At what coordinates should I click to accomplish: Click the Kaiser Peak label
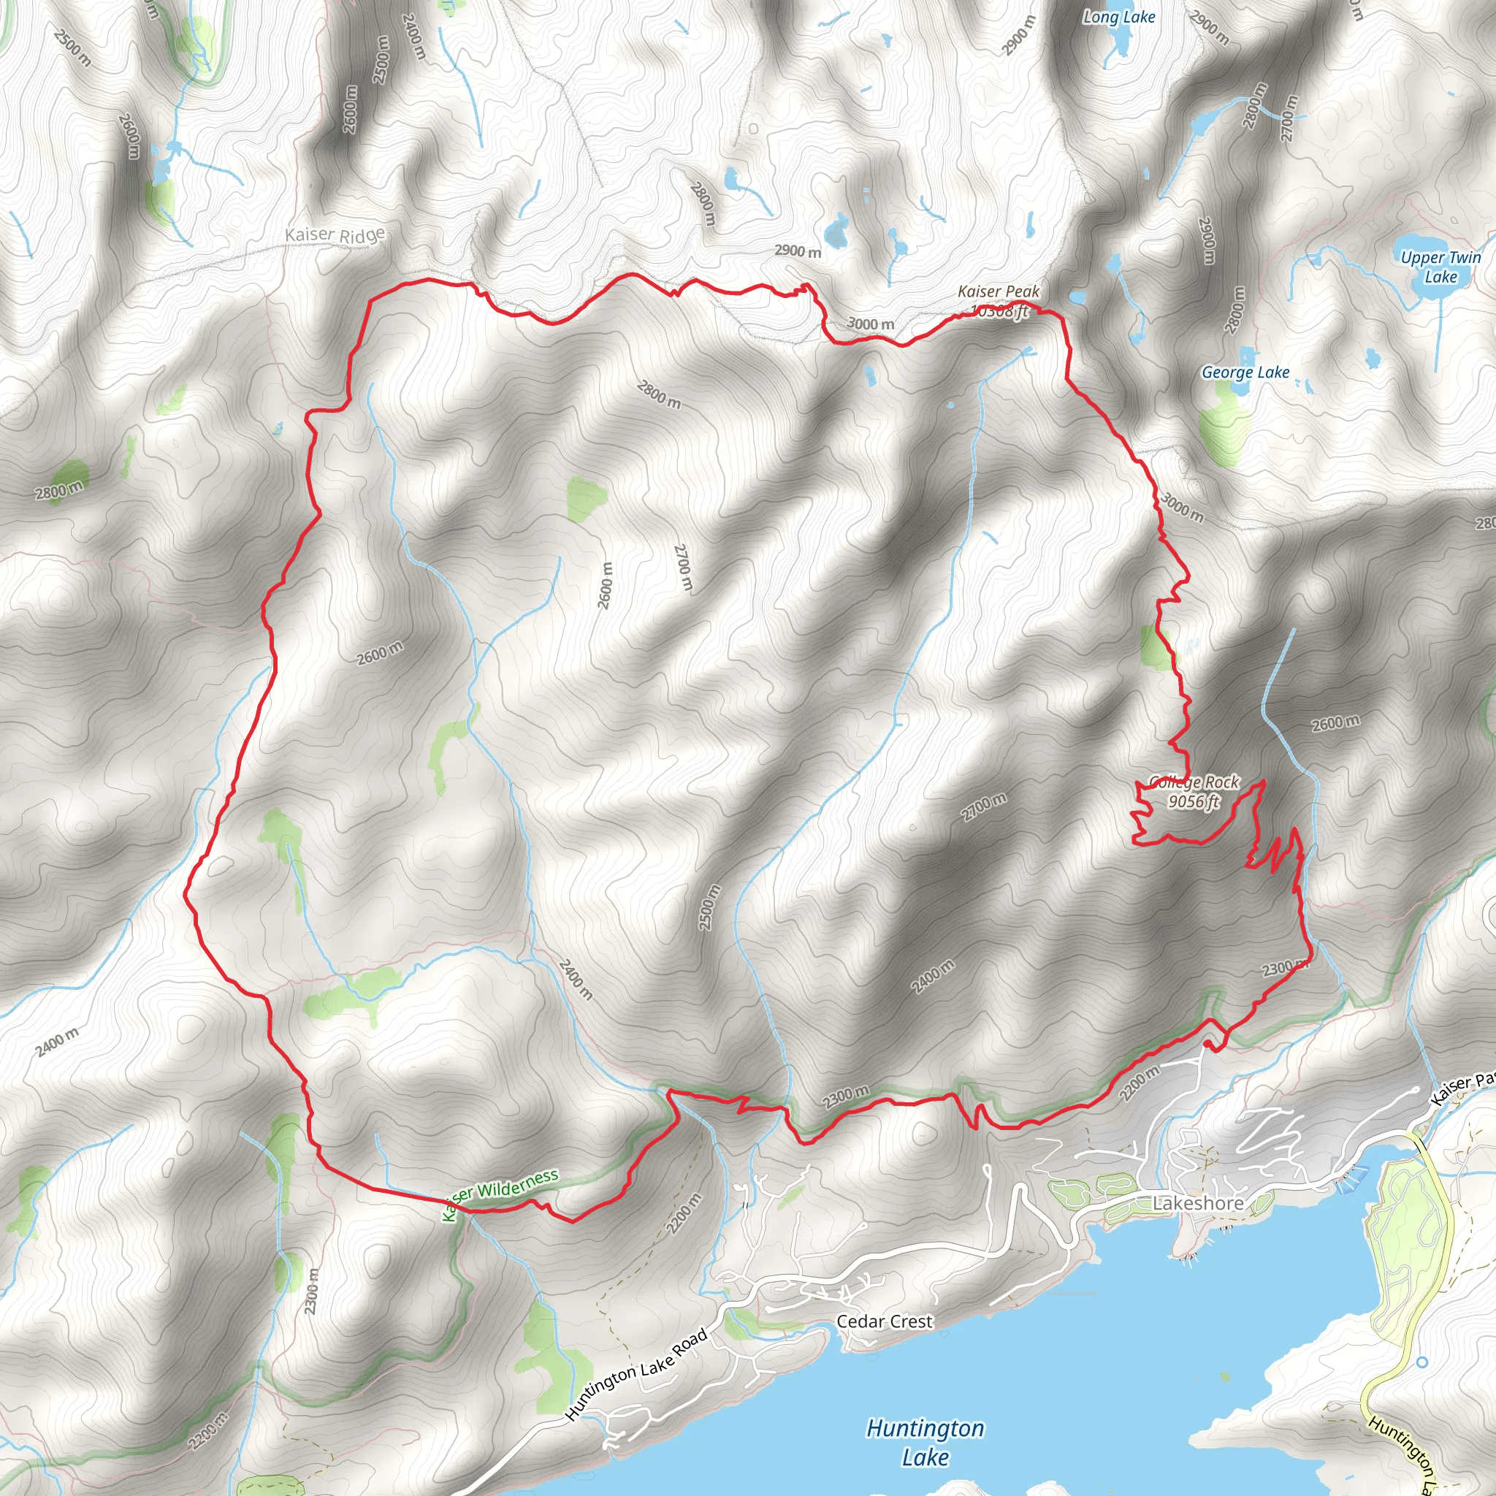(998, 291)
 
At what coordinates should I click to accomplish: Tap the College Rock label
(1194, 782)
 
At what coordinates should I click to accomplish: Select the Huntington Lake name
(925, 1442)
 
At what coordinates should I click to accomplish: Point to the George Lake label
(1245, 373)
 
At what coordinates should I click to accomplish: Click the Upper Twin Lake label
(1440, 267)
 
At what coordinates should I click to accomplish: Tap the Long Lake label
(1119, 17)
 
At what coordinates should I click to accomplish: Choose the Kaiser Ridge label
(335, 234)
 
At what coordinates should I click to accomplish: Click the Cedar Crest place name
(885, 1321)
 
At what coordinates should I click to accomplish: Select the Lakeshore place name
(1198, 1202)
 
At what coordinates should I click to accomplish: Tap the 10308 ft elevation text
(1001, 311)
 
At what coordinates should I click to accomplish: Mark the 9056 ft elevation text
(1194, 801)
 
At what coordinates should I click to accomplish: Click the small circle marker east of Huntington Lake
(1421, 1362)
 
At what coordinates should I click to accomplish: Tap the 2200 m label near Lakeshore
(1140, 1083)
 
